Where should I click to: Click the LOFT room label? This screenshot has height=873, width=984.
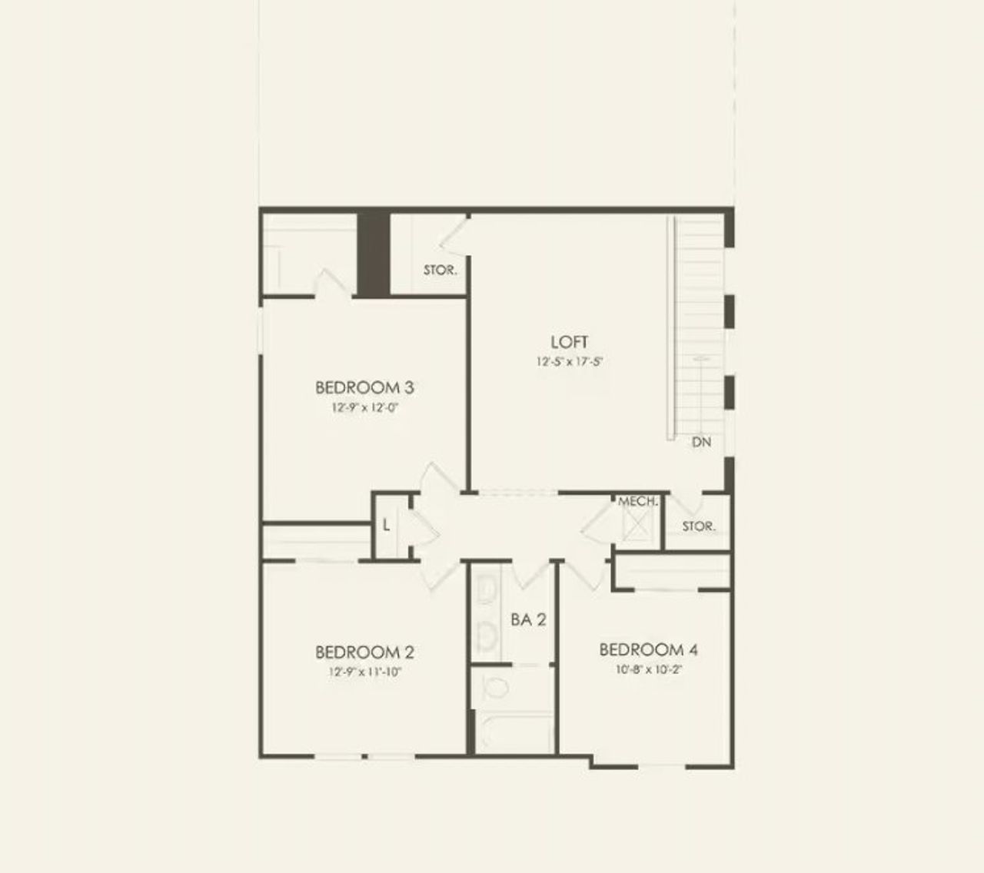(x=569, y=342)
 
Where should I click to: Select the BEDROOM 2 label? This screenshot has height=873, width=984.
(x=365, y=652)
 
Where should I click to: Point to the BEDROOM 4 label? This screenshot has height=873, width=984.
(x=648, y=650)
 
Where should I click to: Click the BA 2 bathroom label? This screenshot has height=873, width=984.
(x=528, y=619)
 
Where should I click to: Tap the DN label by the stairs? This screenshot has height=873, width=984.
(x=701, y=443)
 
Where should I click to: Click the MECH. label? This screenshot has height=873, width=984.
(x=637, y=501)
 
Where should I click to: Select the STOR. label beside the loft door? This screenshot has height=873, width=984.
(x=440, y=271)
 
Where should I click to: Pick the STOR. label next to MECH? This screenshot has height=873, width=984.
(x=698, y=526)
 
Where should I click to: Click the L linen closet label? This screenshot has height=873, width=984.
(x=387, y=526)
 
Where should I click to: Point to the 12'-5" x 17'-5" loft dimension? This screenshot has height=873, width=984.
(x=569, y=362)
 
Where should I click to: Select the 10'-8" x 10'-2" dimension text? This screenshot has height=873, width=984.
(x=648, y=669)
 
